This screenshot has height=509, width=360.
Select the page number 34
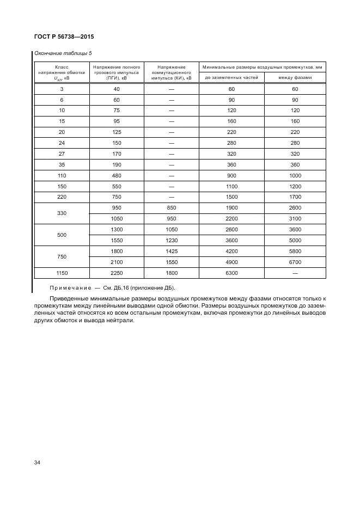(x=38, y=463)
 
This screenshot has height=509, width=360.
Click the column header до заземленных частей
(x=231, y=78)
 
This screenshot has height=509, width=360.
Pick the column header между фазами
(x=295, y=78)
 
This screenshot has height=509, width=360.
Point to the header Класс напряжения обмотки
(x=62, y=72)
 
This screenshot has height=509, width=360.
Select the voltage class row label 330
(x=62, y=213)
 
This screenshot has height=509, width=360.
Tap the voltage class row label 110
(x=62, y=176)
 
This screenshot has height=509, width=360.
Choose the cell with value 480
(x=117, y=176)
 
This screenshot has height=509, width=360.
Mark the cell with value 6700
(x=295, y=262)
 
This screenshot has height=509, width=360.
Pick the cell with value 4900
(x=231, y=262)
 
